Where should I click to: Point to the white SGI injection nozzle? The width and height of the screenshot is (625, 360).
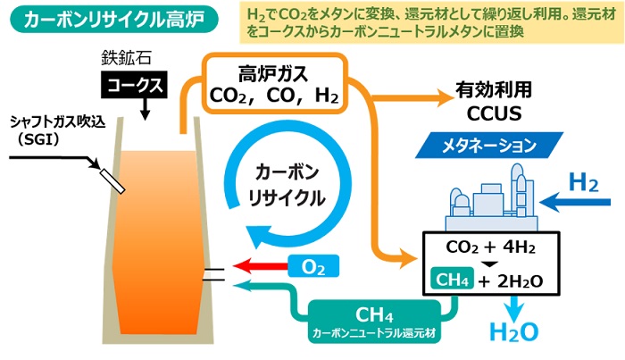pyautogui.click(x=112, y=179)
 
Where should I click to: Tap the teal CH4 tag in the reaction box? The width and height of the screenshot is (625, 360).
pyautogui.click(x=449, y=280)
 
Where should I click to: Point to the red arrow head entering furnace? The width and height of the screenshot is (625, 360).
pyautogui.click(x=241, y=265)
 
